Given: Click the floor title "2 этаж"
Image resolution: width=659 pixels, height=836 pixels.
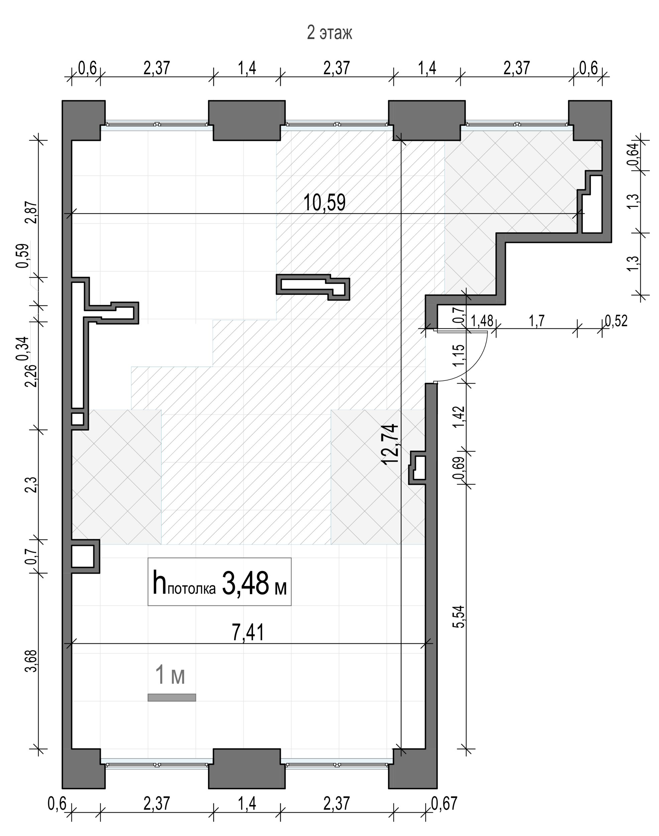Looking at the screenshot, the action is [330, 33].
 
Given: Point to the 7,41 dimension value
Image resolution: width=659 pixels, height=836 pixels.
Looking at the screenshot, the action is [248, 633].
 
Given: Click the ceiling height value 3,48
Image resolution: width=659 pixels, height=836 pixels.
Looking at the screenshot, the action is [245, 583].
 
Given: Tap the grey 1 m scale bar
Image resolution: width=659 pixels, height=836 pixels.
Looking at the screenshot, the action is [172, 698].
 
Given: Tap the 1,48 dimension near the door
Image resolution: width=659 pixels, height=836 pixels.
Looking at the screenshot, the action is [482, 321].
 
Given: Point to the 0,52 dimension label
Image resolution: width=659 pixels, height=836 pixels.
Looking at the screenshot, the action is [616, 321].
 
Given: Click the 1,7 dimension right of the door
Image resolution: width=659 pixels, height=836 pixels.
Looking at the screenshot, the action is [537, 321].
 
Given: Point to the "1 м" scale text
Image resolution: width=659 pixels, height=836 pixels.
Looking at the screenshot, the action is [170, 676].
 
